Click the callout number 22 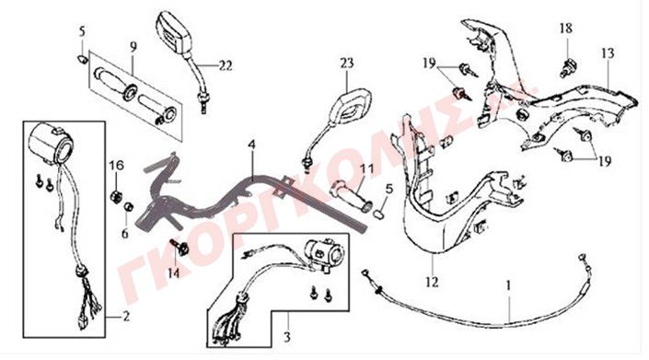226,65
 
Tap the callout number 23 347,64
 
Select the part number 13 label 608,53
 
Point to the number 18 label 566,29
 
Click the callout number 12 432,283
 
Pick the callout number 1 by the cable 508,285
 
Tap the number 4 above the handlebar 252,145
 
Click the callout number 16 116,166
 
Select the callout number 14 174,273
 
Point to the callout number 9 133,47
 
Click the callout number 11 366,168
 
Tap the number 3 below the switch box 287,337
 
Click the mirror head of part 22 174,33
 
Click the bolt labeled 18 569,69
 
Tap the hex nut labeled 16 116,195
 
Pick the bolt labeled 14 180,247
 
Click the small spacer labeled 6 128,206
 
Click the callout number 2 126,317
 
